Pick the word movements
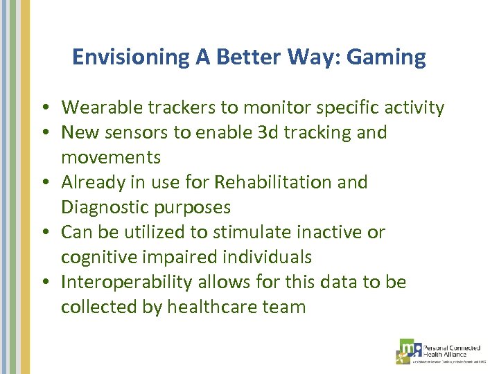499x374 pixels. click(111, 157)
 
